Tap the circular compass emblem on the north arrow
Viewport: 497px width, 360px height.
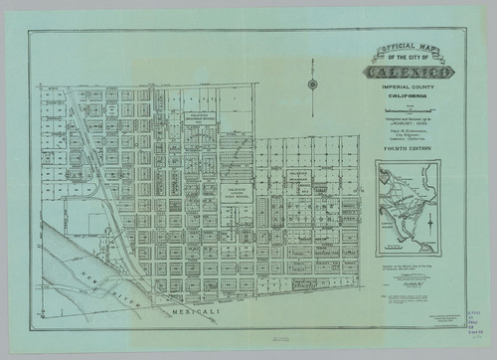(x=313, y=85)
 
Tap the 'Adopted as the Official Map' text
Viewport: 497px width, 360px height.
(x=408, y=267)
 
